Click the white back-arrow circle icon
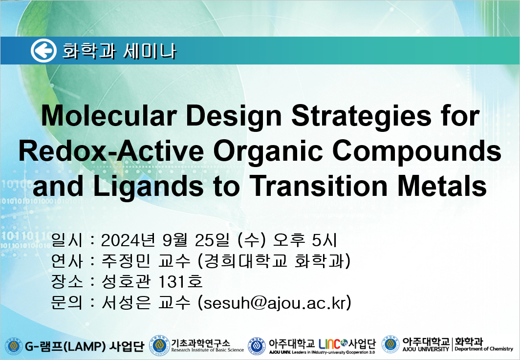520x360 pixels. [x=44, y=51]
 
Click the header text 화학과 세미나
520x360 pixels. [x=119, y=51]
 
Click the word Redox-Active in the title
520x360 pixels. [x=111, y=151]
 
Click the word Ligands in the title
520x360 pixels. [x=148, y=187]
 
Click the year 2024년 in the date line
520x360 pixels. [x=128, y=240]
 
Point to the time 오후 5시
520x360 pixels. [x=304, y=240]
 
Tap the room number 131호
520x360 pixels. [x=180, y=282]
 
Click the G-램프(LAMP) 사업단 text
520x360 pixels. [x=85, y=346]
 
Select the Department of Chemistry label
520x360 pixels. [x=483, y=349]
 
